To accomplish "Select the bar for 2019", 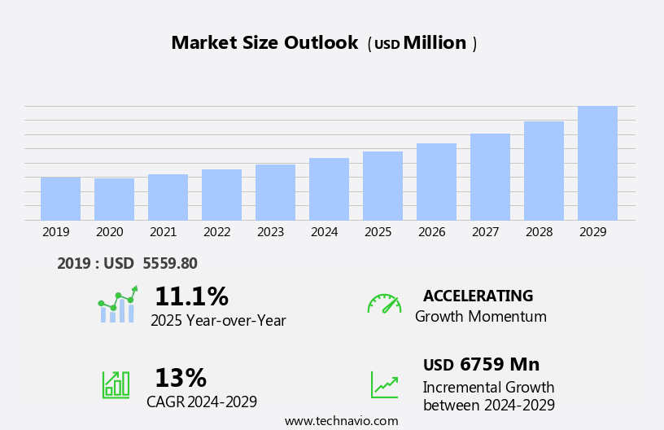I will tap(60, 199).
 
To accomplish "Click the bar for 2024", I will tap(329, 189).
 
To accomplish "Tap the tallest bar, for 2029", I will tap(597, 163).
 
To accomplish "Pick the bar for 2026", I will tap(436, 182).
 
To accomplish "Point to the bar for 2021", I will tap(168, 197).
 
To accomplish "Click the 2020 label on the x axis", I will tap(109, 232).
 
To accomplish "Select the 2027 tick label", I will tap(485, 232).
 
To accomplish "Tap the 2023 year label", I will tap(270, 232).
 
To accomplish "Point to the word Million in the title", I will tap(435, 43).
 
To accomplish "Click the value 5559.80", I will tap(169, 263).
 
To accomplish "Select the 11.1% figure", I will tap(191, 296).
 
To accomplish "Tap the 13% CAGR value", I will tap(181, 378).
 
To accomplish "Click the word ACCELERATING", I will tap(478, 296).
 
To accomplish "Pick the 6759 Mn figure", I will tap(499, 364).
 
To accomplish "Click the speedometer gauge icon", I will tap(384, 304).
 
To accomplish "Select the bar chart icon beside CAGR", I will tap(116, 384).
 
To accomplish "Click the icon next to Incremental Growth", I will tap(384, 384).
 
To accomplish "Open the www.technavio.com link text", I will tap(341, 421).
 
